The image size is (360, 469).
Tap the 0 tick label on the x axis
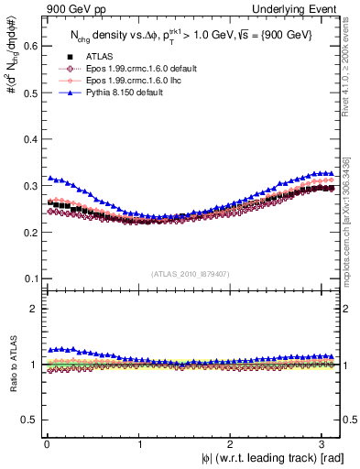47,444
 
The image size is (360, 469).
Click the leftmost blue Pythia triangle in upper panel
49,178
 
